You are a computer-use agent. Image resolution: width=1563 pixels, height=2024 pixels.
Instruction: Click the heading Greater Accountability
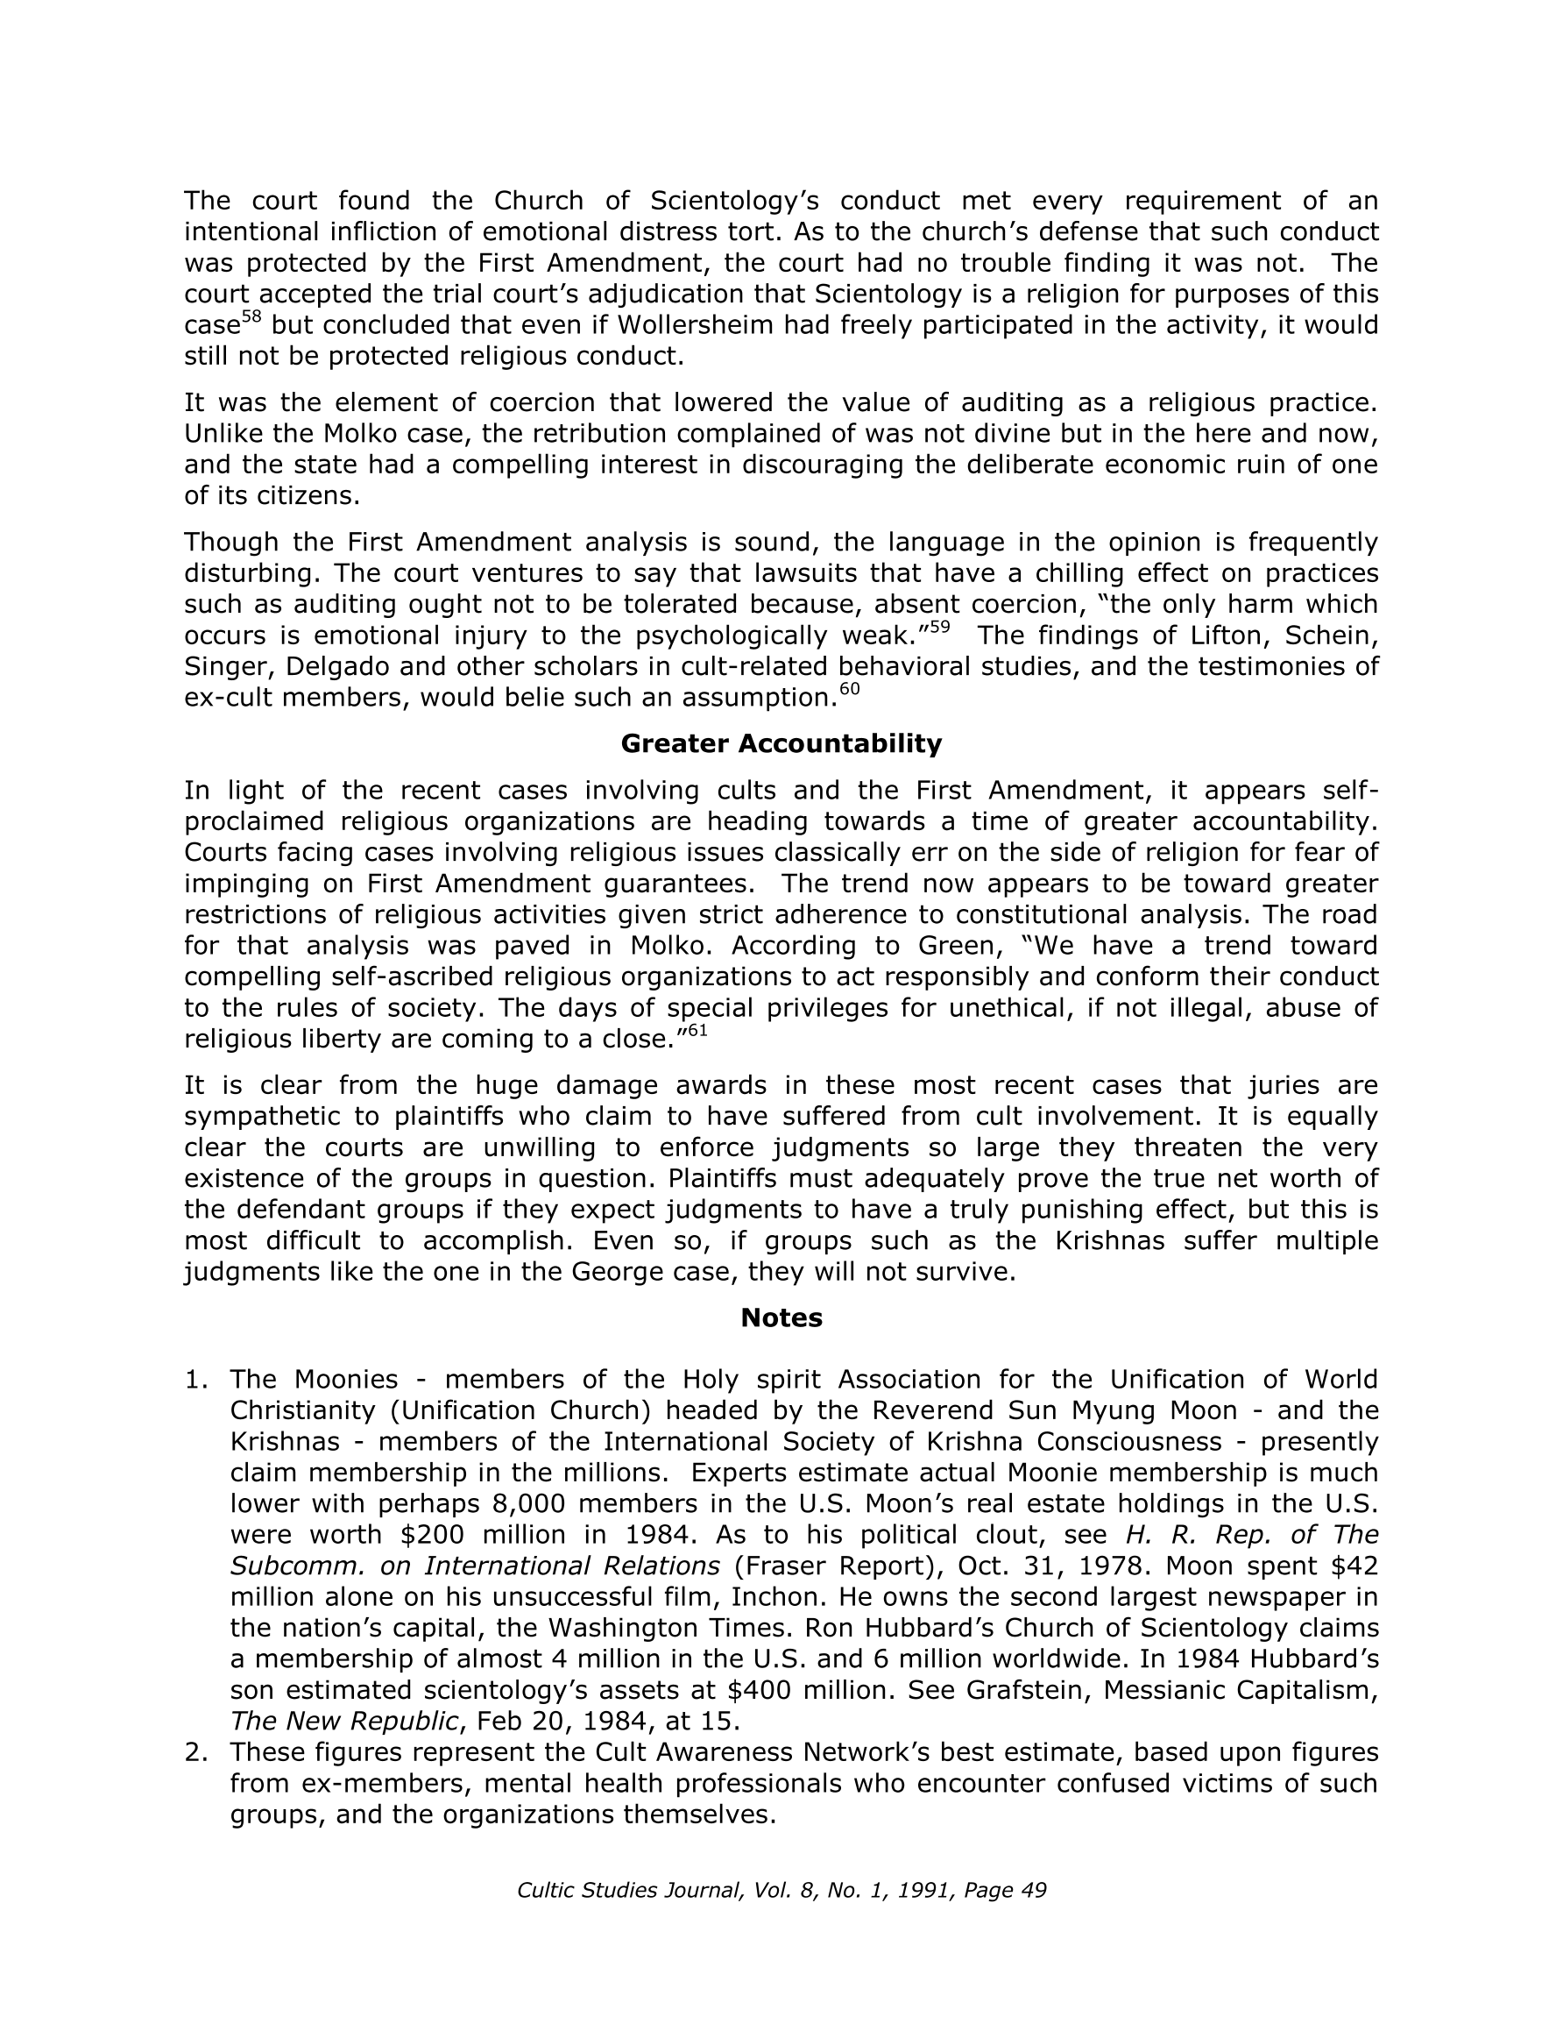coord(781,743)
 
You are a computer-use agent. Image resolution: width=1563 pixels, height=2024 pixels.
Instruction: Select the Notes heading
coord(781,1317)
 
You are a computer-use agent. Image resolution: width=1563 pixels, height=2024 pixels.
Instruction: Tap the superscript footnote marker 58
coord(251,318)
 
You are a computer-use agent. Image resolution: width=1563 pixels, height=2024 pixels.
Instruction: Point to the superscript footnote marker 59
coord(938,628)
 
